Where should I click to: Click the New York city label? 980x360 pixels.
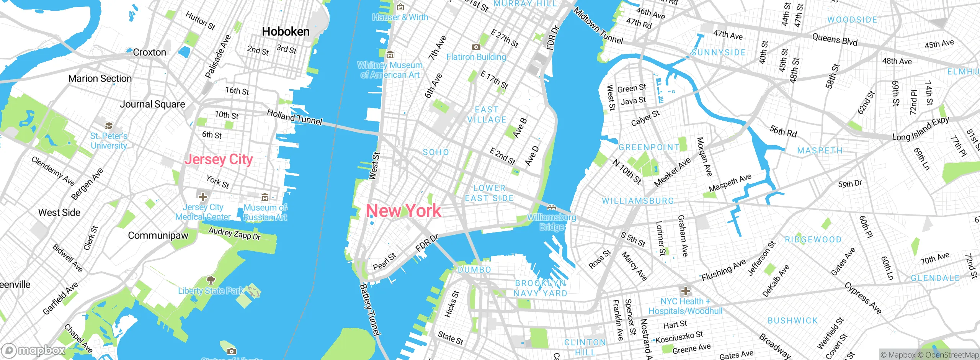coord(403,211)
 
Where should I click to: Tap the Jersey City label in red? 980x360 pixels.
coord(219,159)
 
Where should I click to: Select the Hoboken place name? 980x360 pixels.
coord(286,31)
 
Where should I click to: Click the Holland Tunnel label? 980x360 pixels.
coord(294,117)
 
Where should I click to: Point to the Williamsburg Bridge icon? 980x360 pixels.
coord(551,208)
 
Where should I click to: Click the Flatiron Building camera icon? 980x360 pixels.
coord(476,47)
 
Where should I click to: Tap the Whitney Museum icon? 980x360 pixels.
coord(390,55)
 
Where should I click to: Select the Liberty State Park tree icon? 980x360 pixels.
coord(211,280)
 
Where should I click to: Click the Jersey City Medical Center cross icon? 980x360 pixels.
coord(203,197)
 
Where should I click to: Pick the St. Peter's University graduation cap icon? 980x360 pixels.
coord(109,126)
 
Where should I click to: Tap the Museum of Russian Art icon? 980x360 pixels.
coord(265,197)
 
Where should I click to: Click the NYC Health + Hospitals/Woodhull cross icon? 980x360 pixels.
coord(685,291)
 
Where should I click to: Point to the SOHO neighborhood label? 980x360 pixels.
coord(436,152)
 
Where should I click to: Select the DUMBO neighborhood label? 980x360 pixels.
coord(474,270)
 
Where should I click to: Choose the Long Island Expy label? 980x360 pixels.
coord(920,129)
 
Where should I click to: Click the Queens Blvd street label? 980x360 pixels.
coord(835,39)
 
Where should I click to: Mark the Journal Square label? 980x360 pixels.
coord(152,104)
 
